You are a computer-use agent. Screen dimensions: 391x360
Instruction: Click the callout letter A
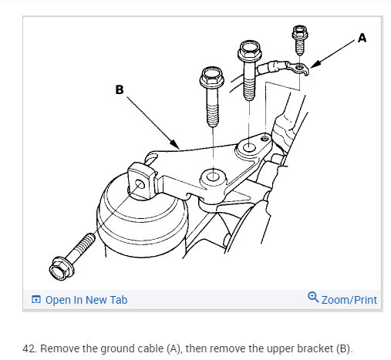[362, 38]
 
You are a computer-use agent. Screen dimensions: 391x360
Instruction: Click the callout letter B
[120, 89]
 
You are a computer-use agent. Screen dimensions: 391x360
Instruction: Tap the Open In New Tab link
[86, 300]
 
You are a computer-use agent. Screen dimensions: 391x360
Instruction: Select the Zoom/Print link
[349, 300]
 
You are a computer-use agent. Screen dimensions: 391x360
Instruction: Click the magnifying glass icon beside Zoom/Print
[313, 297]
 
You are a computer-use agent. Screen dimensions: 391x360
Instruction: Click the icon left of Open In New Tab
[36, 299]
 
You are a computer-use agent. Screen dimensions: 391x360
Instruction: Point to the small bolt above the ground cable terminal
[300, 40]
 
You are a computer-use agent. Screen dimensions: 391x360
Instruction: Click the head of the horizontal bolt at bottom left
[62, 268]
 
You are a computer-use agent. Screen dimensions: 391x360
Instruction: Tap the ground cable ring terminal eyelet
[300, 67]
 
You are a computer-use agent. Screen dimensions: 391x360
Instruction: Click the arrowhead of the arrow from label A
[315, 64]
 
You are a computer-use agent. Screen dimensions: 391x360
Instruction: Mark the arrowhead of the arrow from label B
[175, 144]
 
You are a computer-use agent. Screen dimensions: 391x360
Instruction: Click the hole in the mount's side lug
[140, 184]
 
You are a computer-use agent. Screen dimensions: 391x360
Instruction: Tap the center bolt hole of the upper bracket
[213, 177]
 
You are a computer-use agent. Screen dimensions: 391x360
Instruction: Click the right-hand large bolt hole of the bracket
[249, 148]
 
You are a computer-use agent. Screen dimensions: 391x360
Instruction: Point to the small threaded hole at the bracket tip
[265, 139]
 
